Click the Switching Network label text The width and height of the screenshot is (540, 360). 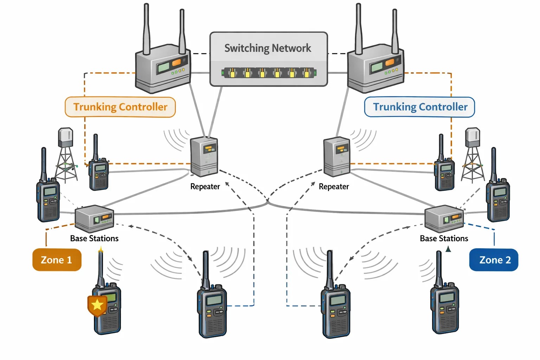(x=268, y=48)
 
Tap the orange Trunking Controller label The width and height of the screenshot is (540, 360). (x=120, y=107)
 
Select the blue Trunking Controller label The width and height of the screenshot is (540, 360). (x=420, y=107)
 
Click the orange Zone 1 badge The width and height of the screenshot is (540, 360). (x=57, y=260)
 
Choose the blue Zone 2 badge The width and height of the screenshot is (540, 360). (x=494, y=260)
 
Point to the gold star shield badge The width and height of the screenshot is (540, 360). (x=97, y=305)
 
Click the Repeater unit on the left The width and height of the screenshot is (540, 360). (x=204, y=157)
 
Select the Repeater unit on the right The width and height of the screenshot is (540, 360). (x=336, y=157)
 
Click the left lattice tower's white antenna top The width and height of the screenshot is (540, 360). (x=65, y=137)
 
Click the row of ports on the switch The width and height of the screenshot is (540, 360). (x=269, y=73)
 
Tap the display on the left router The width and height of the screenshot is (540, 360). (x=163, y=67)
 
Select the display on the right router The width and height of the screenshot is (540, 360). (x=377, y=67)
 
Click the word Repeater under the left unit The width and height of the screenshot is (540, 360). (x=205, y=187)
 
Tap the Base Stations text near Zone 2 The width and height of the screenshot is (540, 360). (x=444, y=239)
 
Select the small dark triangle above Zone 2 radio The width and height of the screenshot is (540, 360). (x=448, y=249)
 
